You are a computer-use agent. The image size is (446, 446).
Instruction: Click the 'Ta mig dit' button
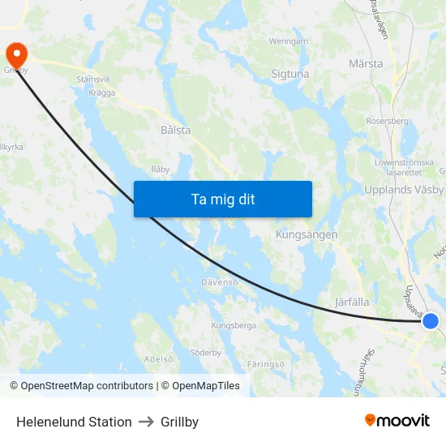click(x=223, y=199)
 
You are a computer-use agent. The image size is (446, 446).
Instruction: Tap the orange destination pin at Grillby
click(x=16, y=54)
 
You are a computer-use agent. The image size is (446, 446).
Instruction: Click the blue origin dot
click(x=431, y=321)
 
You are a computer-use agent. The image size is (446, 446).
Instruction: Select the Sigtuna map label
click(x=290, y=74)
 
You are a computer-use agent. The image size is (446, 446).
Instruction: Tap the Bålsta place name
click(x=175, y=130)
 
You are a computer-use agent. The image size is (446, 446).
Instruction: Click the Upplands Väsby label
click(x=405, y=190)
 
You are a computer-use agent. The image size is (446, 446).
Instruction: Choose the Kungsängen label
click(x=307, y=234)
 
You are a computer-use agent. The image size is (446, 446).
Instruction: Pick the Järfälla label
click(x=352, y=302)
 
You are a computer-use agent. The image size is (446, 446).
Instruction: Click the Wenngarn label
click(x=289, y=41)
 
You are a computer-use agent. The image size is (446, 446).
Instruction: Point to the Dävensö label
click(x=220, y=282)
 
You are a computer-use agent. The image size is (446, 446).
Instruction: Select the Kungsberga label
click(x=233, y=325)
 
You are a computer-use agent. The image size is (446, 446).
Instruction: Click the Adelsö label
click(x=158, y=358)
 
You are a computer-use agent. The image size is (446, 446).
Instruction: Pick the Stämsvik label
click(x=93, y=79)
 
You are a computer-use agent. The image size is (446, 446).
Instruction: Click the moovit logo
click(x=397, y=421)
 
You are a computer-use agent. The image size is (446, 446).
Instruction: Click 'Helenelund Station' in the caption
click(x=74, y=422)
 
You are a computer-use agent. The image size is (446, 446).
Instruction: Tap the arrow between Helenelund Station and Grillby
click(x=146, y=422)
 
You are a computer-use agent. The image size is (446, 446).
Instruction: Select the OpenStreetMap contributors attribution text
click(x=87, y=386)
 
